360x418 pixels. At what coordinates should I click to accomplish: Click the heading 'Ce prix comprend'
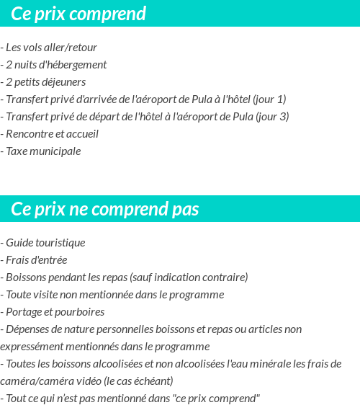pyautogui.click(x=78, y=14)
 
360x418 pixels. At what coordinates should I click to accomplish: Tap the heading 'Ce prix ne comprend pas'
pyautogui.click(x=105, y=209)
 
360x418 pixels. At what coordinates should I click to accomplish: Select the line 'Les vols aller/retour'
pyautogui.click(x=51, y=48)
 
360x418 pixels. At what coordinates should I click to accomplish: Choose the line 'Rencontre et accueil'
pyautogui.click(x=52, y=134)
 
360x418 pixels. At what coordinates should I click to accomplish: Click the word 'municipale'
pyautogui.click(x=57, y=151)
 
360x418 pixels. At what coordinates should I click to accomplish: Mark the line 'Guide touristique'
pyautogui.click(x=45, y=243)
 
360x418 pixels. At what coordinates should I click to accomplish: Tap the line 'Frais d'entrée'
pyautogui.click(x=37, y=260)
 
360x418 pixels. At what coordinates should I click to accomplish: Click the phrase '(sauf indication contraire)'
pyautogui.click(x=189, y=277)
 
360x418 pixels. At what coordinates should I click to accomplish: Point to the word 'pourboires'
pyautogui.click(x=81, y=312)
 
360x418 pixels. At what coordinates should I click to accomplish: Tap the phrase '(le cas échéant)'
pyautogui.click(x=137, y=381)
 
